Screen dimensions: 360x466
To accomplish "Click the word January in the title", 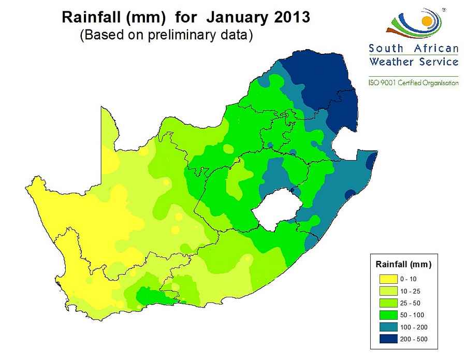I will coord(237,17).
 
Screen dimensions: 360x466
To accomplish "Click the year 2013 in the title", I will coord(292,17).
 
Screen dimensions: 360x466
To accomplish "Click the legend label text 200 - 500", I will coord(413,340).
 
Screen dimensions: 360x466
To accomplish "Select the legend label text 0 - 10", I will coord(408,279).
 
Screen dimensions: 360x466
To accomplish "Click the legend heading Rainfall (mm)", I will coord(403,265).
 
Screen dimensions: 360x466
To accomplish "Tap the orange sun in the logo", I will coord(427,21).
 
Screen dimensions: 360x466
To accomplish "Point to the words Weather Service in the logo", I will coord(414,62).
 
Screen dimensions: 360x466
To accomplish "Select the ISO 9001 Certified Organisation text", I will coord(414,83).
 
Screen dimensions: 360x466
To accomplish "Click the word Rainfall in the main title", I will coord(91,17).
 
